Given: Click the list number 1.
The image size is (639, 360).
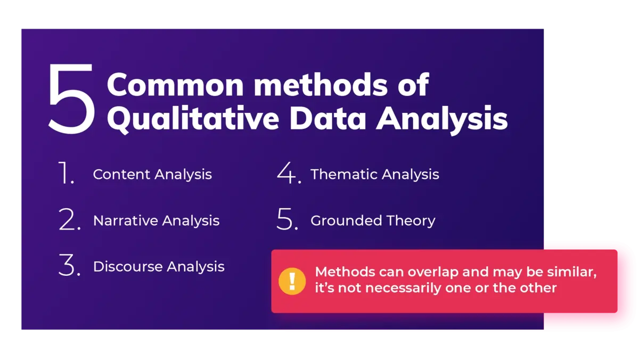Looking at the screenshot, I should tap(65, 174).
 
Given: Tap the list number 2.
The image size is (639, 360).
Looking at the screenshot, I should tap(69, 220).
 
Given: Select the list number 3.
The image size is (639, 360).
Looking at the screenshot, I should tap(69, 266).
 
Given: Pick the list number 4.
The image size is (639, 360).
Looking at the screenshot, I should tap(289, 174).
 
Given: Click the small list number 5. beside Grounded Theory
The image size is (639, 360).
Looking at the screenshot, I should tap(288, 220).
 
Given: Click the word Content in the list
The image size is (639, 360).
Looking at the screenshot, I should tap(121, 175).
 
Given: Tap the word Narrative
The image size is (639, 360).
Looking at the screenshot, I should tap(125, 220).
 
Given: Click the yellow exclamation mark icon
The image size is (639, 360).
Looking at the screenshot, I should tap(292, 281).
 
